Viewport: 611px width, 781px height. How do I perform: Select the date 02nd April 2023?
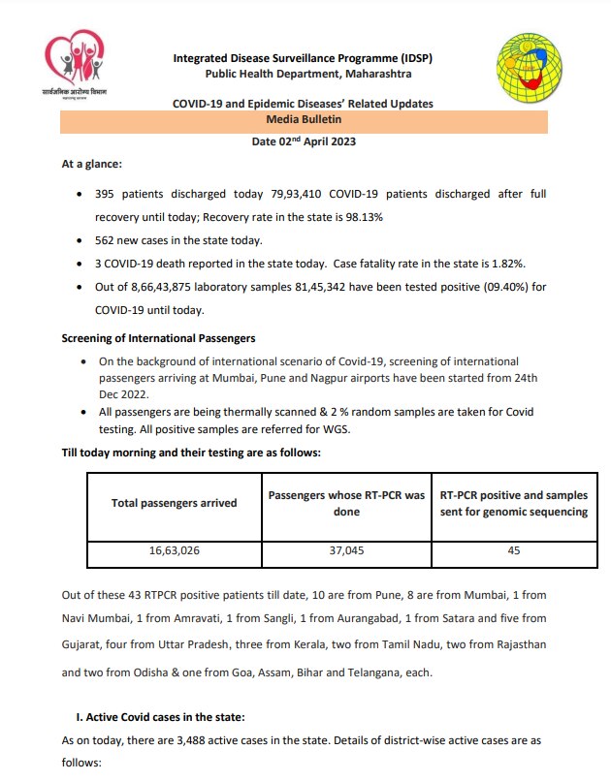point(304,142)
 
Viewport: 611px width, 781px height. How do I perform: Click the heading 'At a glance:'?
point(92,165)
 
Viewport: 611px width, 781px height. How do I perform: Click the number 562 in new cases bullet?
point(106,239)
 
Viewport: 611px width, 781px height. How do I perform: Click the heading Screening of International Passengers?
point(158,338)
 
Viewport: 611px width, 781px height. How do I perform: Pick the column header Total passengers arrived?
point(174,503)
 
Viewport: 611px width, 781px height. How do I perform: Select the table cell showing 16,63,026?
point(174,550)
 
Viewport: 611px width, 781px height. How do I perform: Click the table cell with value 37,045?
point(345,550)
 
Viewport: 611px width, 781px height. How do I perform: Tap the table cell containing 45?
point(513,550)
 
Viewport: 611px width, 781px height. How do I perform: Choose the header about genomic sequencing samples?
point(513,503)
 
